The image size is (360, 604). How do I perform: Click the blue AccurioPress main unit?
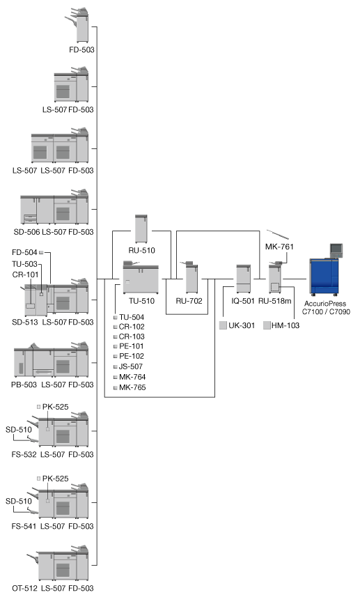(324, 277)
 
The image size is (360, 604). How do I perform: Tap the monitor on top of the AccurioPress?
(336, 250)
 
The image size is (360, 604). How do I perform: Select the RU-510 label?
(141, 250)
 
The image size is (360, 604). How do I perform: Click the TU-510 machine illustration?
(141, 277)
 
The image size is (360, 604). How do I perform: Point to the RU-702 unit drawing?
(191, 277)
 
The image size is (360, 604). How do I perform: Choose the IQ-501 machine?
(243, 279)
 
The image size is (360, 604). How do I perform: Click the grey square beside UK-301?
(223, 325)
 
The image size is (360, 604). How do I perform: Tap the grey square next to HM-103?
(267, 325)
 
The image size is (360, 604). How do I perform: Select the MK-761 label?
(279, 247)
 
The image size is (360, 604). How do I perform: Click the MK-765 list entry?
(132, 387)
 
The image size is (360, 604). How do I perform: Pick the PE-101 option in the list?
(132, 346)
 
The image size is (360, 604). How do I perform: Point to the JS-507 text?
(131, 366)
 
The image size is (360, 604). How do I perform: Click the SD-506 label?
(27, 232)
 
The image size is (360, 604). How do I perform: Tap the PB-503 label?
(24, 385)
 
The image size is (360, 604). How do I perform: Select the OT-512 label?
(24, 588)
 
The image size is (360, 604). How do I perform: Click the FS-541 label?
(24, 526)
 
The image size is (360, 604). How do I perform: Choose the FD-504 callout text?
(24, 253)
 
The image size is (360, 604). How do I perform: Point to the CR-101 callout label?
(25, 274)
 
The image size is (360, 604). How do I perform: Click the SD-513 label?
(25, 322)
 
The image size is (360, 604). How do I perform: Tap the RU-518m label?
(275, 301)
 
